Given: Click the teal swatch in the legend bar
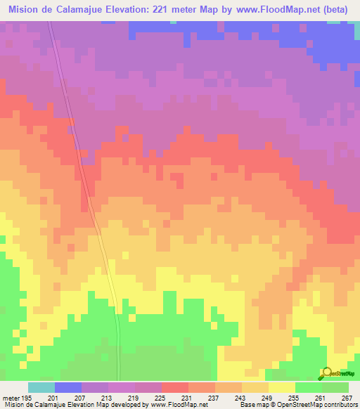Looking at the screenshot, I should (x=41, y=387).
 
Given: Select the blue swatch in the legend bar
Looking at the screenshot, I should (x=67, y=387).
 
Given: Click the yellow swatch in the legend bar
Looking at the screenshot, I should (x=281, y=387).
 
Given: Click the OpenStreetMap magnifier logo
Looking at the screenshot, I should (x=326, y=372).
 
